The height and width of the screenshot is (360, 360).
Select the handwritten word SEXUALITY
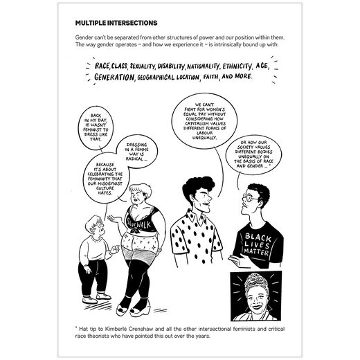tap(150, 66)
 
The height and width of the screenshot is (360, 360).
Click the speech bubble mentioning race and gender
tap(264, 161)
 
